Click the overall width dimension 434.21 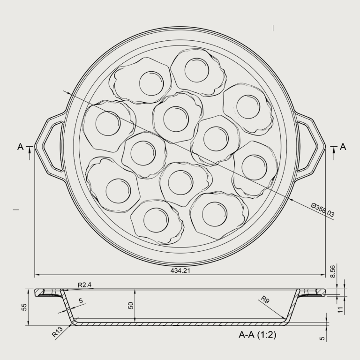coord(180,270)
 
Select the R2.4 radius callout coord(84,285)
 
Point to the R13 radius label coord(57,332)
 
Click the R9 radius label coord(265,300)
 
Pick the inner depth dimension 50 coord(131,305)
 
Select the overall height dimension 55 coord(24,307)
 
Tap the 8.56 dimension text coord(333,271)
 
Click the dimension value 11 coord(341,309)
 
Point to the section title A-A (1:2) coord(257,335)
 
